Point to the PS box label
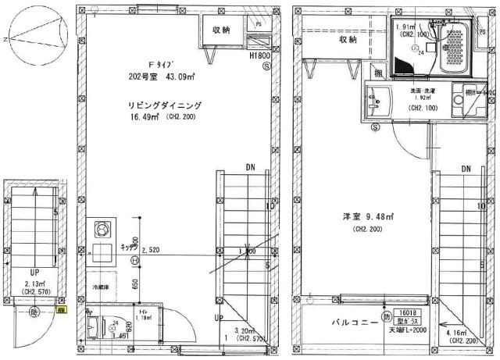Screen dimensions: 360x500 point(259,24)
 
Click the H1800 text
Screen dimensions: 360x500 point(259,57)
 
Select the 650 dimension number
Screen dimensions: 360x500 point(137,285)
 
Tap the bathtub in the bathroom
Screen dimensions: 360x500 point(449,51)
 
